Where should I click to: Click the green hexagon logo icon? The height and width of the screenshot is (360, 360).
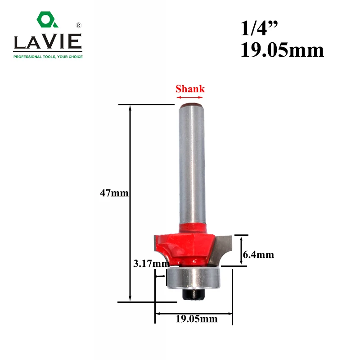(x=47, y=20)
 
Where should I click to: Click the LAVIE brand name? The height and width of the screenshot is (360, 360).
(x=48, y=41)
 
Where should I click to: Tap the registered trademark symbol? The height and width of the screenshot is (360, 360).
(x=78, y=25)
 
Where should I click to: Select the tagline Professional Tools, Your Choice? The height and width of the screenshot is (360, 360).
(x=48, y=57)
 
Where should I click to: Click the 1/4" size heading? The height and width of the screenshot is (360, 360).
(x=259, y=28)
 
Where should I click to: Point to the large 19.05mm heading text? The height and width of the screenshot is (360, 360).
(x=282, y=50)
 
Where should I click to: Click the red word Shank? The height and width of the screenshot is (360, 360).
(x=190, y=89)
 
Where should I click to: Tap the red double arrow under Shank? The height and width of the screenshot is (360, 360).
(x=189, y=97)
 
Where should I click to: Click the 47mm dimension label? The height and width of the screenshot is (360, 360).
(x=114, y=193)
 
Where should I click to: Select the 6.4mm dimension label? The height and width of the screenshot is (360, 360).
(x=258, y=255)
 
